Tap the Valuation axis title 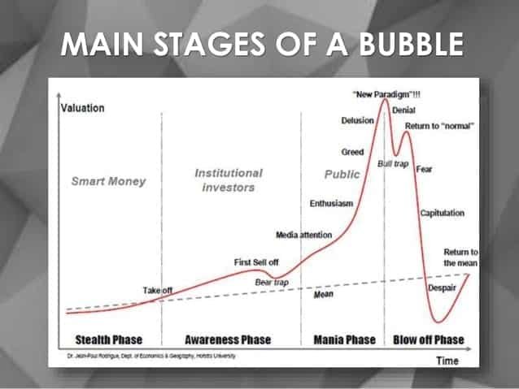83,109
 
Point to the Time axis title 446,360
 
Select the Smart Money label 108,181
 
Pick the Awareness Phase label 228,339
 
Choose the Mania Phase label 345,339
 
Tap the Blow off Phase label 428,339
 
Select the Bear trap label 272,282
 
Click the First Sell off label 255,261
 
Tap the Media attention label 303,235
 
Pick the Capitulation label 443,213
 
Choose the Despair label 442,287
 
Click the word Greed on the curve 352,152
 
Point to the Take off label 158,290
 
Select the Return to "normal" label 439,127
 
